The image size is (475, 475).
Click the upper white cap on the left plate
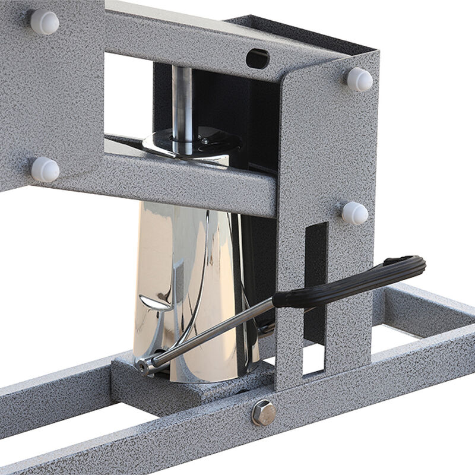click(x=45, y=23)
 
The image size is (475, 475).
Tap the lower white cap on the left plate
click(x=45, y=169)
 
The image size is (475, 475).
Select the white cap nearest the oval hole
click(x=359, y=79)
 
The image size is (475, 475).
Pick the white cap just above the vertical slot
click(x=354, y=213)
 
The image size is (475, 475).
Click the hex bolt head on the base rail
click(x=263, y=412)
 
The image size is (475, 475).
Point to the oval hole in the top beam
click(x=257, y=58)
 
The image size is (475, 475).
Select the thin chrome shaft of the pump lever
click(x=214, y=332)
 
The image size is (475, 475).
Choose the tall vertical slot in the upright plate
click(x=315, y=279)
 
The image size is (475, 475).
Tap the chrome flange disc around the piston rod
click(x=190, y=145)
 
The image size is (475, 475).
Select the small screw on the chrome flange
click(x=205, y=141)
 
